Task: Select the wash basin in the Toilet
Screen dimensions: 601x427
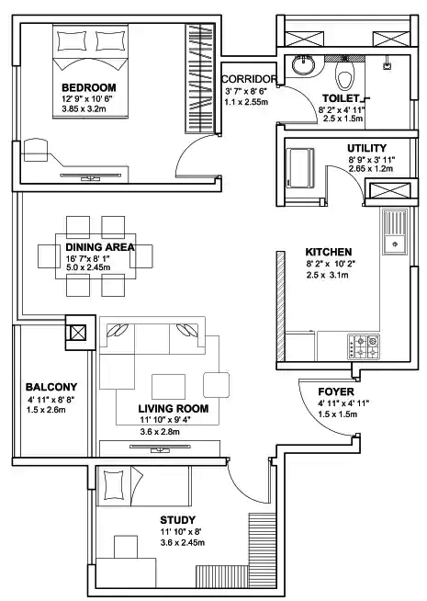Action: point(302,66)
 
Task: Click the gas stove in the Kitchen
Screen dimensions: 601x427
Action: point(365,347)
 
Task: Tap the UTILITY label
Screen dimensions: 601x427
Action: point(366,148)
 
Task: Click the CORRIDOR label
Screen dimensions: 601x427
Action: point(249,79)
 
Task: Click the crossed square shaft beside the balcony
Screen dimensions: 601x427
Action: point(78,332)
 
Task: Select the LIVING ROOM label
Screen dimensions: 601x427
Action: point(173,408)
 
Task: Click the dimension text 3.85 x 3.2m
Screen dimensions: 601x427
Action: point(85,108)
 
